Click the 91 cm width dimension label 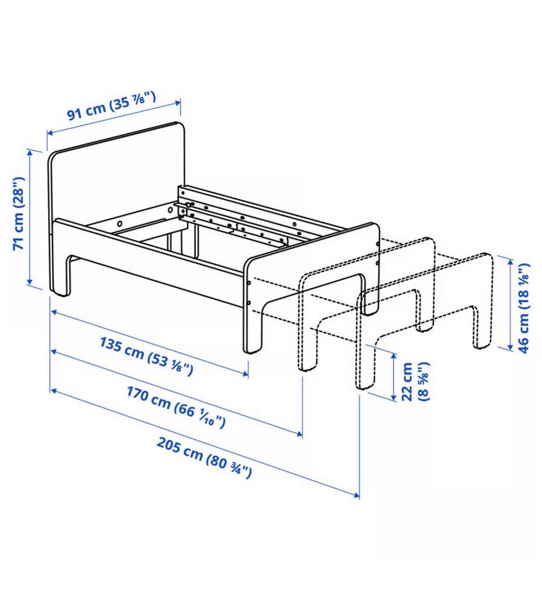(x=111, y=106)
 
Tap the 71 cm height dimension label (x=19, y=213)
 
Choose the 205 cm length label (x=204, y=458)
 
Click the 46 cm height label (x=523, y=308)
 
